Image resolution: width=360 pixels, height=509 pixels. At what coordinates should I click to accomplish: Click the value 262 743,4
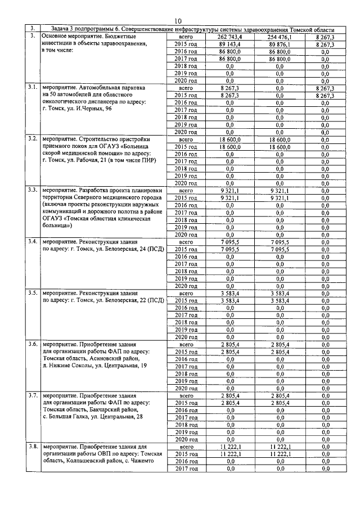[229, 37]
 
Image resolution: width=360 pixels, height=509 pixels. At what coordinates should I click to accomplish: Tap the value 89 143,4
[229, 44]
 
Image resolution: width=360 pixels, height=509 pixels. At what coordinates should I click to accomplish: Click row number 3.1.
[33, 88]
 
